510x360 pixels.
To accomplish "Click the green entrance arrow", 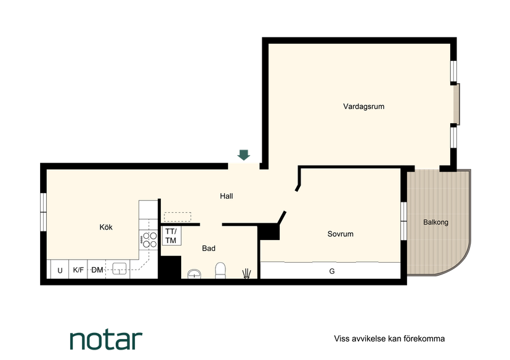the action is (244, 155).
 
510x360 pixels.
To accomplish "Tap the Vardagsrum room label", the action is (363, 106).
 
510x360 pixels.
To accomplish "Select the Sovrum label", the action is (340, 234).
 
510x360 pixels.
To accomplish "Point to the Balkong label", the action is (435, 222).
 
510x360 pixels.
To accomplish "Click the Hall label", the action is (227, 196).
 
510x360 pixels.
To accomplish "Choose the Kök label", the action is (106, 227).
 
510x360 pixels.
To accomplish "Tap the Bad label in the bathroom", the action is (208, 248).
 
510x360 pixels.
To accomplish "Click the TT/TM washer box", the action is (171, 236).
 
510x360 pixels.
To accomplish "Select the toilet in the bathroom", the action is (220, 271).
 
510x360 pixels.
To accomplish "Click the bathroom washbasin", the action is (194, 274).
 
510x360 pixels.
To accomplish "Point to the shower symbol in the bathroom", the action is (247, 274).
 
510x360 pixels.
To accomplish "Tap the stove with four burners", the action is (148, 240).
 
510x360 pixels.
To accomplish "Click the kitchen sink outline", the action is (119, 269).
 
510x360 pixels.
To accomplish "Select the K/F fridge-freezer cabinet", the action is (78, 270).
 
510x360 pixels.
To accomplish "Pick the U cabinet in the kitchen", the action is (60, 270).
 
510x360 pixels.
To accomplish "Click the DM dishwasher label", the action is (97, 270).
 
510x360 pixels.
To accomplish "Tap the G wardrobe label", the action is (332, 271).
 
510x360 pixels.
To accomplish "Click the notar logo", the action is (106, 340).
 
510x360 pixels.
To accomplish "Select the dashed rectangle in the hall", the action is (177, 217).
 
